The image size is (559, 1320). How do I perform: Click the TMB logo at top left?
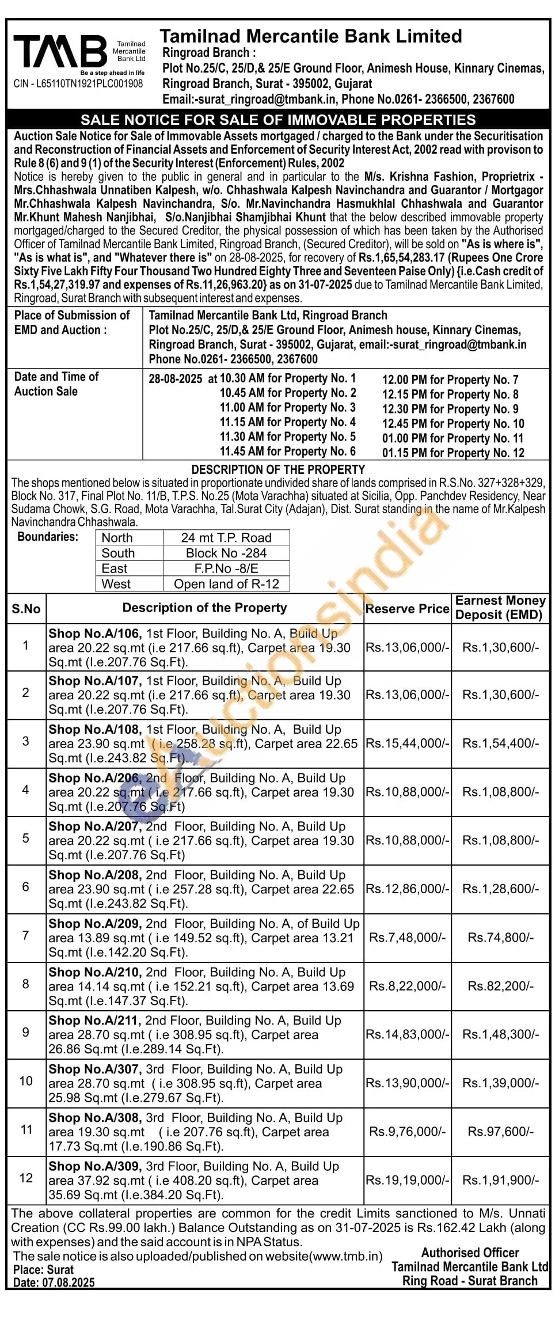click(60, 52)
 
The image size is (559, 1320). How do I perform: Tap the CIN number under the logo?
click(78, 84)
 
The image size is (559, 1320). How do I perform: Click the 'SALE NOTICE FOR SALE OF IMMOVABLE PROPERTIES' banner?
click(278, 120)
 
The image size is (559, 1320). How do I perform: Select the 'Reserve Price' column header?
click(407, 609)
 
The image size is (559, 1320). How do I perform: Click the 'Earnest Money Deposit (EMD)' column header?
click(500, 608)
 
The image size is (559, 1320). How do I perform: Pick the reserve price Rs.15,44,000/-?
click(407, 744)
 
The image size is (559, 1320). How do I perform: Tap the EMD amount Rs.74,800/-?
click(500, 938)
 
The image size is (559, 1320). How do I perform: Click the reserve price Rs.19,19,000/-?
click(407, 1180)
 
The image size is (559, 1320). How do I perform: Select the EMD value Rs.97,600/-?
click(500, 1132)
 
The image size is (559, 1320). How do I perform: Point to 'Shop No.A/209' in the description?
click(94, 924)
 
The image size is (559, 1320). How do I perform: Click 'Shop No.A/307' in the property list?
click(94, 1069)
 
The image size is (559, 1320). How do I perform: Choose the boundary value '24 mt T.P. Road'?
click(226, 538)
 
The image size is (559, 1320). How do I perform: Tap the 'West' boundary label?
click(116, 584)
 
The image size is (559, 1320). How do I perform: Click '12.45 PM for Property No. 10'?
click(453, 424)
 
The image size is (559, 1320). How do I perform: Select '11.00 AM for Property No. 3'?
click(287, 408)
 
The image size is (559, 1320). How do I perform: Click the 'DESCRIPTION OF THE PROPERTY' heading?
click(278, 469)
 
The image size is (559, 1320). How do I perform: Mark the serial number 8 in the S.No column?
click(26, 984)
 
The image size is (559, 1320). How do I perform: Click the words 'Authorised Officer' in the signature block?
click(470, 1253)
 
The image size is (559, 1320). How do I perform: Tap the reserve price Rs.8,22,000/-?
click(407, 986)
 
